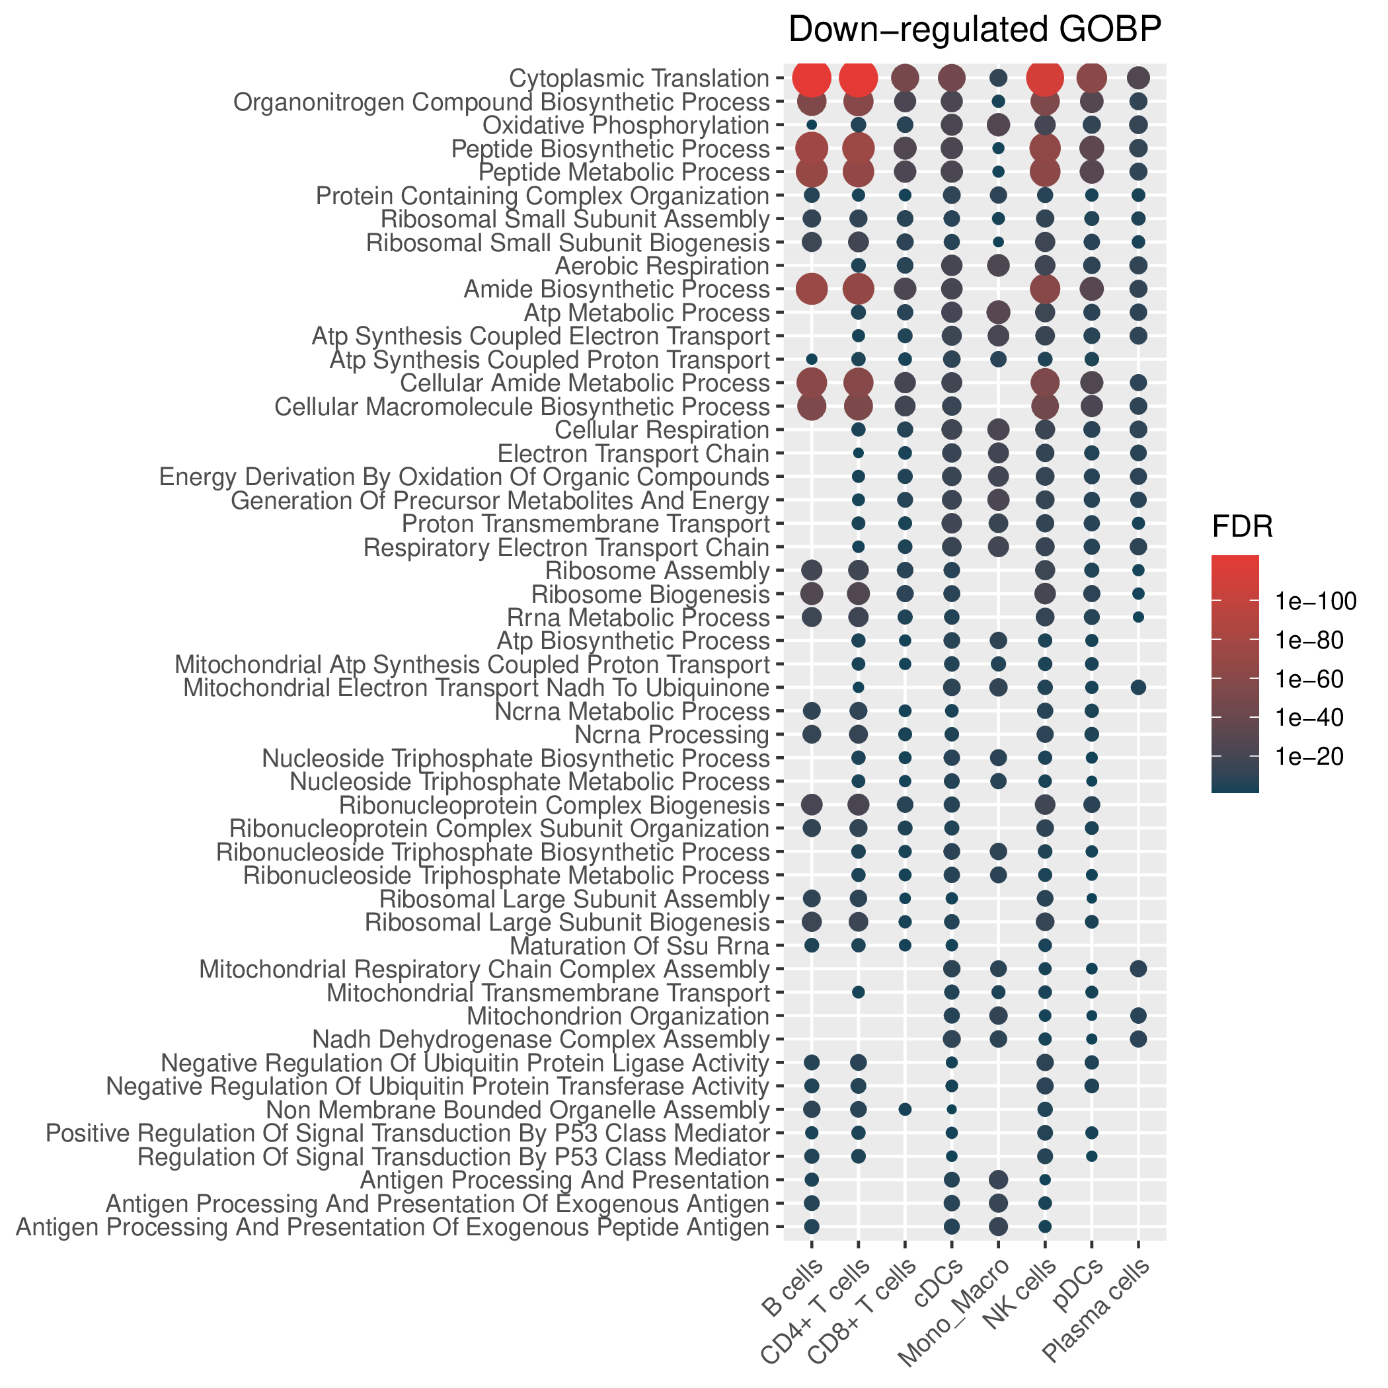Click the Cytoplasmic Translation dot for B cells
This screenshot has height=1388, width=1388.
[812, 77]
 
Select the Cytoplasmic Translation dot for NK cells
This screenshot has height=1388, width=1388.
[1046, 77]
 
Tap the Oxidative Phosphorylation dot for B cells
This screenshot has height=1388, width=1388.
[812, 125]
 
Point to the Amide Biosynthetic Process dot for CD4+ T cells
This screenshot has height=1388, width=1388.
[858, 289]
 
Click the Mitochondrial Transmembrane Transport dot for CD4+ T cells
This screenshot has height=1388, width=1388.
[858, 993]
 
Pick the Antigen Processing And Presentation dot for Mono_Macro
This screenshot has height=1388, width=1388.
[999, 1180]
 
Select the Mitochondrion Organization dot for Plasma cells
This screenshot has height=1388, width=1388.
[1138, 1016]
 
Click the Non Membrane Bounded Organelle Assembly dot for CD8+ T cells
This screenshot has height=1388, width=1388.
[906, 1110]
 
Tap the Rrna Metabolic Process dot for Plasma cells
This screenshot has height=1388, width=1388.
[1138, 617]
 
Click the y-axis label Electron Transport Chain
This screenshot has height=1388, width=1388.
[633, 454]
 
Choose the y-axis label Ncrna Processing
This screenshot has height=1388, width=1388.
[672, 735]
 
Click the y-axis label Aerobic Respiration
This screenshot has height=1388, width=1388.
[662, 266]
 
